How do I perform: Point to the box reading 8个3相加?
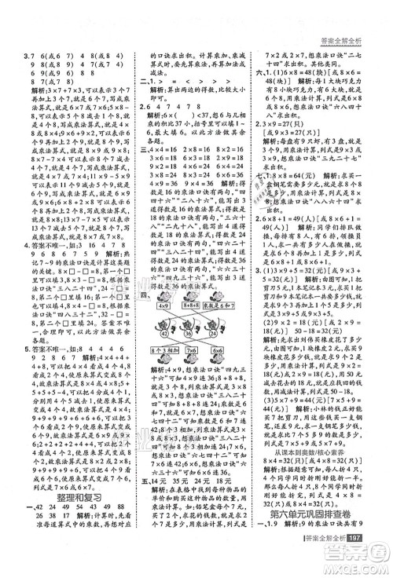pyautogui.click(x=162, y=349)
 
